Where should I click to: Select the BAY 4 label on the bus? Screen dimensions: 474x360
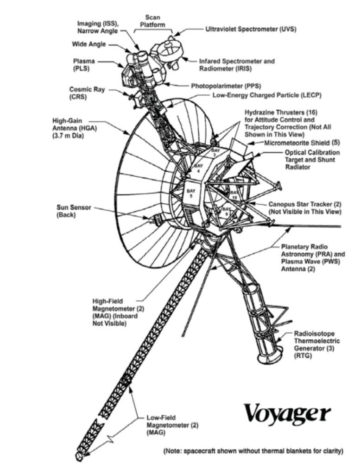[199, 168]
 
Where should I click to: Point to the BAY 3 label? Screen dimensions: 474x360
[214, 153]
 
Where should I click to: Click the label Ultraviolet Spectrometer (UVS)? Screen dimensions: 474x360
[251, 29]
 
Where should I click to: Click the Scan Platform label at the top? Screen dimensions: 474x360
[152, 21]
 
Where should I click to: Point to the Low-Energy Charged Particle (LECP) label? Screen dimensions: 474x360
[266, 95]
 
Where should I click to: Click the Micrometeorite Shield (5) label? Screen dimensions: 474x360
[303, 143]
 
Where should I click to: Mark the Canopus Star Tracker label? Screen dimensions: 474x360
[305, 208]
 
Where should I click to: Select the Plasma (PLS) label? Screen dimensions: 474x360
[84, 64]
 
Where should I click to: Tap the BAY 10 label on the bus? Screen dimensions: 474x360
[234, 194]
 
